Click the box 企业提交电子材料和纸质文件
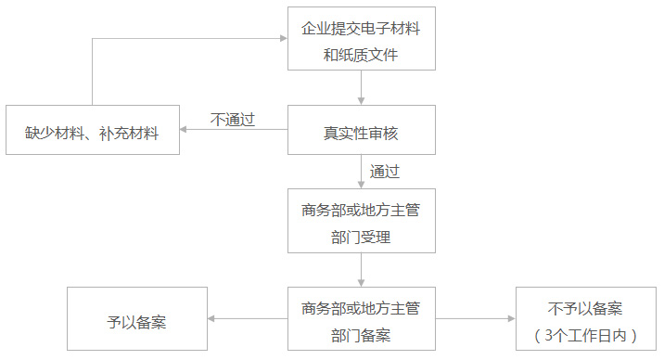(361, 40)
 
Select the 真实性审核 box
(361, 132)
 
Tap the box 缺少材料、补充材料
(92, 132)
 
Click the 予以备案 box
(137, 320)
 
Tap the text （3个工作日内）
(585, 334)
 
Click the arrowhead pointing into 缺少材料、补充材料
(185, 130)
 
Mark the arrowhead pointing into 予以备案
(212, 319)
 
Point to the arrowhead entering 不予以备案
(510, 319)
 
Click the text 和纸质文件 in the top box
(361, 54)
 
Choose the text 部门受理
(361, 238)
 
